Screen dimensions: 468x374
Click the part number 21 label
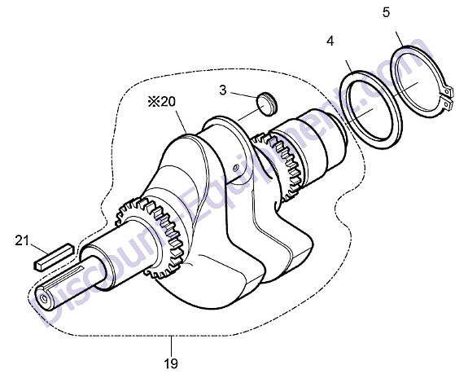point(22,240)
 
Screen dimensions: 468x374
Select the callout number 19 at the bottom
point(171,363)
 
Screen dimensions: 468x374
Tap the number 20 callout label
point(168,102)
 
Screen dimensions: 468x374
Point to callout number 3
point(223,90)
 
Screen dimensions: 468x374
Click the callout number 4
point(330,41)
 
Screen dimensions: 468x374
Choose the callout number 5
point(386,12)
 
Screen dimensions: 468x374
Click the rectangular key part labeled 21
point(54,257)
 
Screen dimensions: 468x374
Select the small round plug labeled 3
point(267,103)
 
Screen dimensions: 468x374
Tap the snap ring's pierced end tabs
point(448,98)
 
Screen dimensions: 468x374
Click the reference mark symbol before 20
point(154,102)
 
